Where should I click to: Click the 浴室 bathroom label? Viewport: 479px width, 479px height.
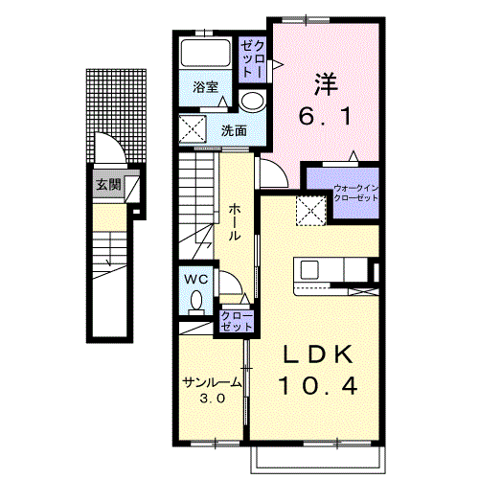click(205, 87)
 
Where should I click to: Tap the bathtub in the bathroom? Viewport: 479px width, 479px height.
click(206, 53)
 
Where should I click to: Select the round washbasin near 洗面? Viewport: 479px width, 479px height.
click(253, 101)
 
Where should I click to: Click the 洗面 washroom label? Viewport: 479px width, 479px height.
click(234, 130)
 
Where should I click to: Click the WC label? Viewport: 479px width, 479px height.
click(196, 280)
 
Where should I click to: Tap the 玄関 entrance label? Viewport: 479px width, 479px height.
click(108, 184)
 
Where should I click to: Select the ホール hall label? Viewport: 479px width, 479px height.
click(234, 222)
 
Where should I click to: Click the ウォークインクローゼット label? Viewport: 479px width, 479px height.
click(355, 194)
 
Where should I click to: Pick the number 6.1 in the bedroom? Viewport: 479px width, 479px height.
click(325, 116)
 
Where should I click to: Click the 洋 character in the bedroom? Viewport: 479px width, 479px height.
click(326, 84)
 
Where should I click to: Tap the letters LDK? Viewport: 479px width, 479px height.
click(318, 354)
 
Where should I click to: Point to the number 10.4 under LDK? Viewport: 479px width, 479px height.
click(318, 386)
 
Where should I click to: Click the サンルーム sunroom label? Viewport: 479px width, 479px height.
click(212, 382)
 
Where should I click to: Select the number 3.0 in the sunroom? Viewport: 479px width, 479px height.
click(213, 398)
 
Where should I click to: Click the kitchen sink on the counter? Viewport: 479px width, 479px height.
click(309, 270)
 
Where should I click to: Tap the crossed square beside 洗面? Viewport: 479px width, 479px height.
click(193, 129)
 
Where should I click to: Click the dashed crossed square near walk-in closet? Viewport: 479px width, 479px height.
click(310, 211)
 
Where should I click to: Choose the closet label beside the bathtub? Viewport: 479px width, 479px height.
click(252, 59)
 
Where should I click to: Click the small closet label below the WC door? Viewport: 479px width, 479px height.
click(237, 321)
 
